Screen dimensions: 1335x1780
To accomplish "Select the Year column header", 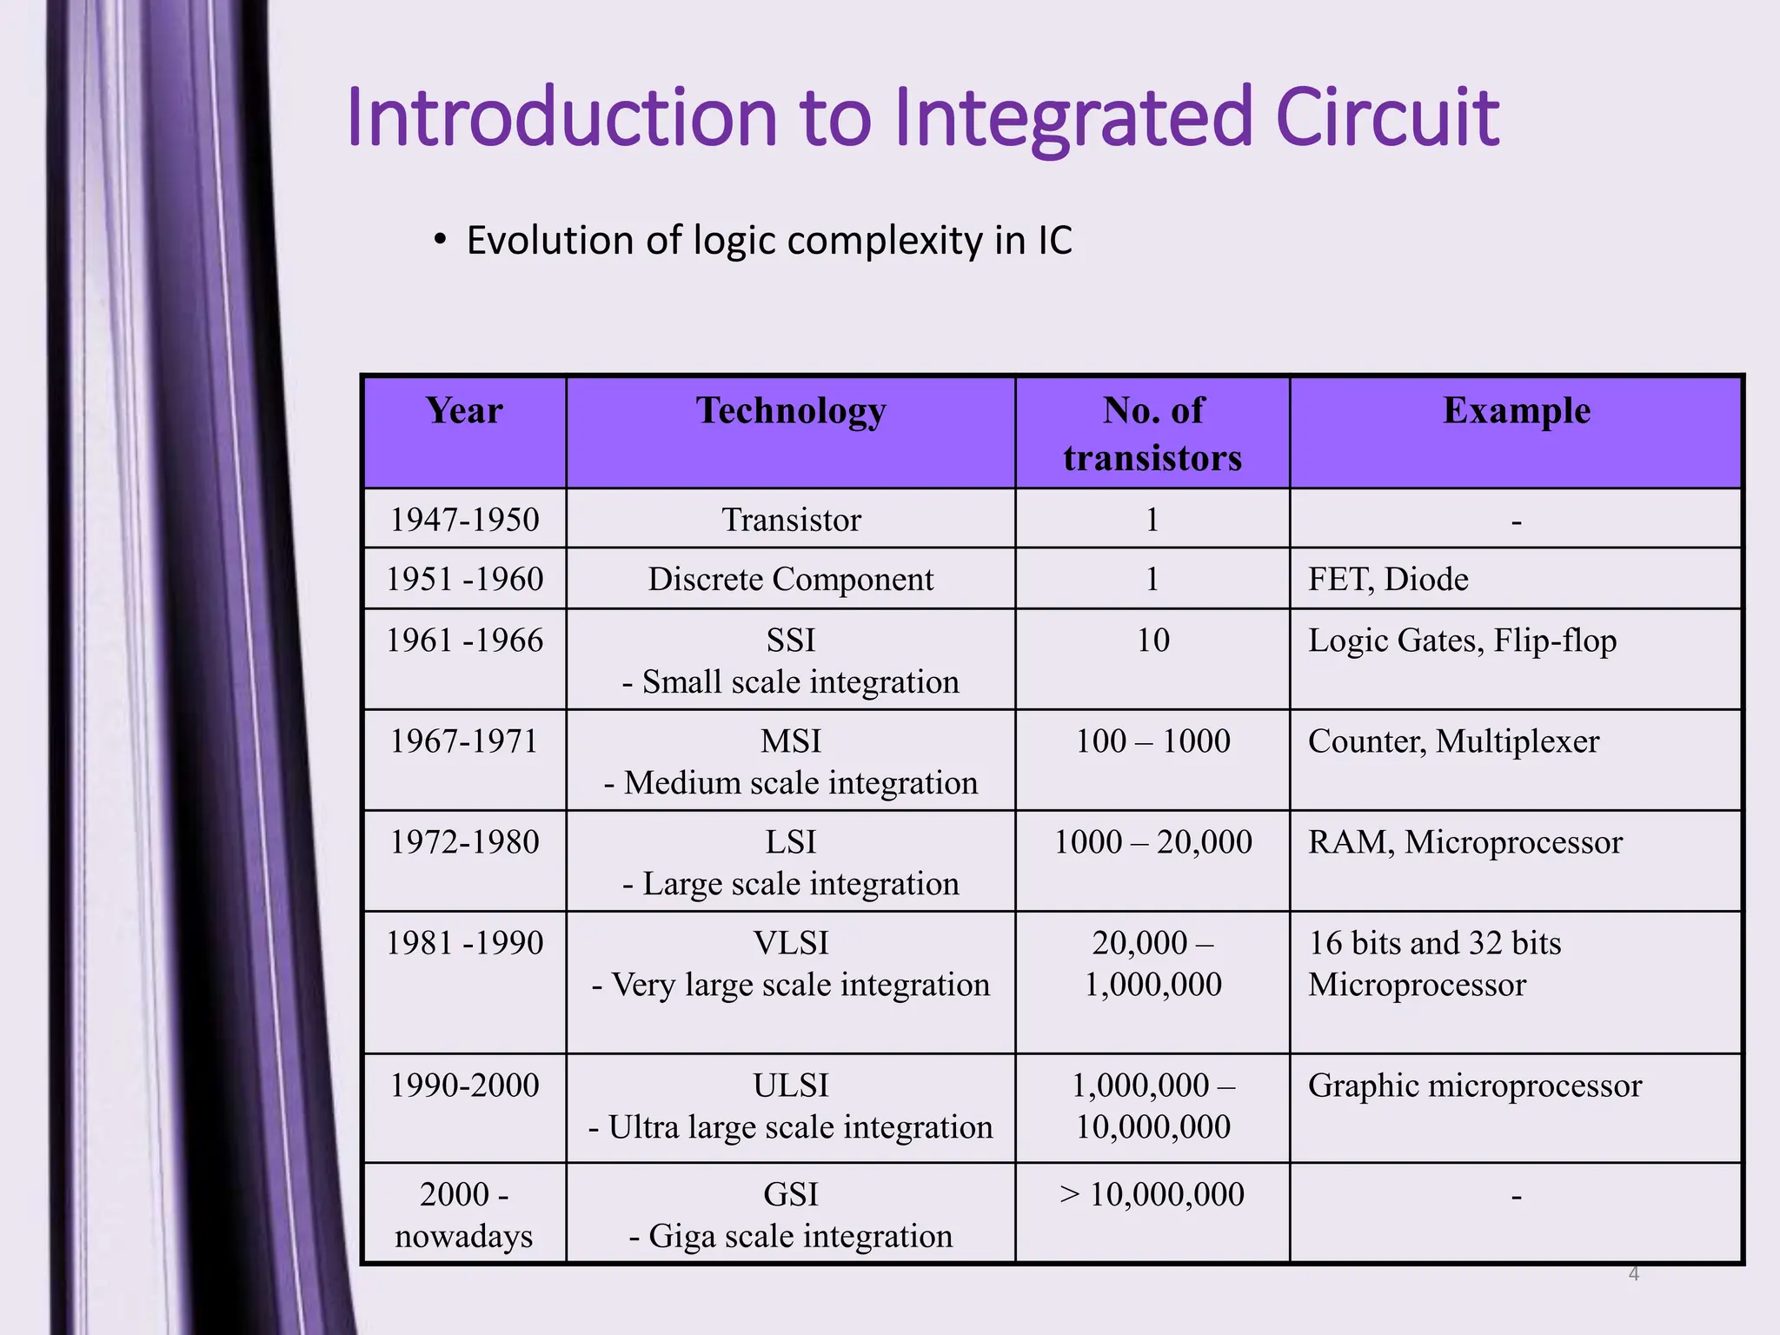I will point(464,410).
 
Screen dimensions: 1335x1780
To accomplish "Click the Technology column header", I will point(791,410).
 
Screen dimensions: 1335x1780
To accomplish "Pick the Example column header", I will point(1516,410).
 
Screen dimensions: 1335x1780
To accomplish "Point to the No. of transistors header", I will point(1152,434).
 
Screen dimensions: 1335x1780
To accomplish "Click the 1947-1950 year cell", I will point(464,520).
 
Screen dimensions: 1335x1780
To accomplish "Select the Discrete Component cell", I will point(791,579).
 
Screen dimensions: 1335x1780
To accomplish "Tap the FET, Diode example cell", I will point(1388,579).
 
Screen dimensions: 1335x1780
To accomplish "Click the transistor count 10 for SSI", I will point(1152,641).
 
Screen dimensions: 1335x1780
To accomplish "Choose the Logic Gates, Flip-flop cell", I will point(1462,641).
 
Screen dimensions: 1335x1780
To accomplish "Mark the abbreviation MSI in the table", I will point(791,741).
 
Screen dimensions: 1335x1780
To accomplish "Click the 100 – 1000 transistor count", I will point(1152,741).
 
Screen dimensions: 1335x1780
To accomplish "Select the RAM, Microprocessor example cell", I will point(1465,842).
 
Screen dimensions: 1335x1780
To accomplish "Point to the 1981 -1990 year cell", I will point(464,943).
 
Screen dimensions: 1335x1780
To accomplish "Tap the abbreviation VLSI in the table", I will point(791,943).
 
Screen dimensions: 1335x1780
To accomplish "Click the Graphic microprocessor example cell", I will point(1474,1086).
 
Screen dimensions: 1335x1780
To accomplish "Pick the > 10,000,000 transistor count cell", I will point(1152,1195).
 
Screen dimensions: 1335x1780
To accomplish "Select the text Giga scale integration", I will point(800,1236).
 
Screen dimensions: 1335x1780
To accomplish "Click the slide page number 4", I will point(1633,1274).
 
